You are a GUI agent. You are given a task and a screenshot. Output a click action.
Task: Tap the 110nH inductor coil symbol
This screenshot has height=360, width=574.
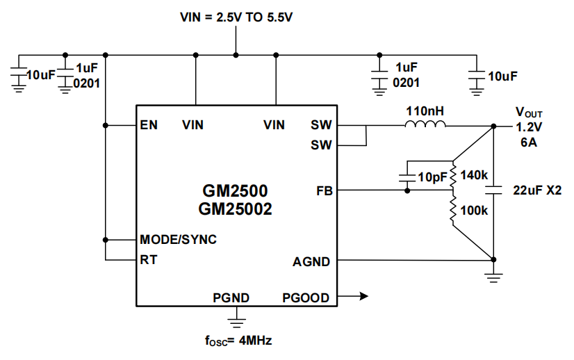tap(425, 125)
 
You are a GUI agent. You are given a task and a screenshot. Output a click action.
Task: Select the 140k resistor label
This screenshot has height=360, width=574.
tap(475, 175)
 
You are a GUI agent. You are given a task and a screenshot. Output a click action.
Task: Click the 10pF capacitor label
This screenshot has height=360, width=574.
tap(432, 177)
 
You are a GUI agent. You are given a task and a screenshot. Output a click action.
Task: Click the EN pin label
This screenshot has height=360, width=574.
tap(149, 125)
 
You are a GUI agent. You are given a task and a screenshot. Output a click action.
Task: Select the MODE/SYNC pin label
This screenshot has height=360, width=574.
tap(178, 240)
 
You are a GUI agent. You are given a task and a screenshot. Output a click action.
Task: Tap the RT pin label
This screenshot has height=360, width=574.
tap(148, 261)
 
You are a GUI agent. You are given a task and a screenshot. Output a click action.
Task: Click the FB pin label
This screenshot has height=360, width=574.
tap(324, 190)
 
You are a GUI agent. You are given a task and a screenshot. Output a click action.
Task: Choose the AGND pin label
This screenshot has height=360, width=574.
tap(311, 262)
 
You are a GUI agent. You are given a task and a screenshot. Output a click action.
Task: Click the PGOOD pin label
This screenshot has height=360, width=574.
tap(306, 298)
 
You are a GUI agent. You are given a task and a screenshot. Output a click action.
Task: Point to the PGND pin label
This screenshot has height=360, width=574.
tap(231, 298)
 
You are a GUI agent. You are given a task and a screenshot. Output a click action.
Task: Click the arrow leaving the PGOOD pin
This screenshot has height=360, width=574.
tap(354, 297)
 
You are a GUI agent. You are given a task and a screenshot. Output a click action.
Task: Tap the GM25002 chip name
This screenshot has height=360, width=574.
tap(236, 208)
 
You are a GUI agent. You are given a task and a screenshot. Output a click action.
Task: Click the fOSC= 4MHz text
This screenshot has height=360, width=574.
tap(236, 341)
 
